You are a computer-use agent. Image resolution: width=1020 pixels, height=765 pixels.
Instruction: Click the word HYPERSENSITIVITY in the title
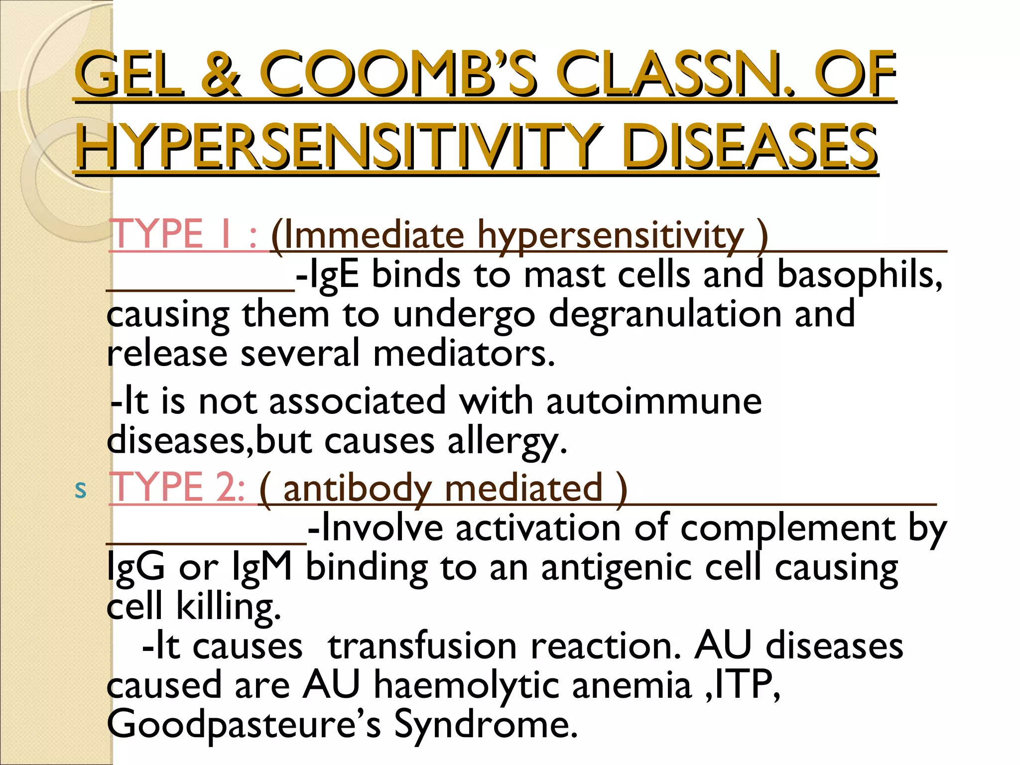click(339, 147)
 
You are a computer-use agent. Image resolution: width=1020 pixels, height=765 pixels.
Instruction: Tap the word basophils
click(859, 275)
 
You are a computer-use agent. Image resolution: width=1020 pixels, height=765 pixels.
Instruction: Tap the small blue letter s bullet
click(80, 490)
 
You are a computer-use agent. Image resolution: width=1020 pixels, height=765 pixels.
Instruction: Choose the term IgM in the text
click(262, 568)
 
